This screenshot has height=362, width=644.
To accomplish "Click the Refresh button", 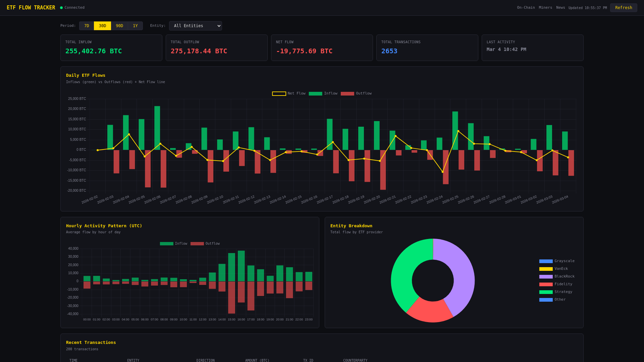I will pyautogui.click(x=624, y=8).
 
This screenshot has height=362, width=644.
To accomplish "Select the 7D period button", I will pyautogui.click(x=87, y=26).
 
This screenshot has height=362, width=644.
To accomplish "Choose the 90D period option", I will pyautogui.click(x=119, y=26).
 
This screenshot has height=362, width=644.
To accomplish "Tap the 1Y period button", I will pyautogui.click(x=135, y=26).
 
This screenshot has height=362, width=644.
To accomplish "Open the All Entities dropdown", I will pyautogui.click(x=195, y=26).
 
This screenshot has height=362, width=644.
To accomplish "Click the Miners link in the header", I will pyautogui.click(x=545, y=8).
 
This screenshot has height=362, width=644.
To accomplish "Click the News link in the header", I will pyautogui.click(x=560, y=8).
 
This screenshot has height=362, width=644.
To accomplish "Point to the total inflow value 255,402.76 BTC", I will pyautogui.click(x=94, y=51).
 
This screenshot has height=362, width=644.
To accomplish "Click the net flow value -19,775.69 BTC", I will pyautogui.click(x=304, y=51).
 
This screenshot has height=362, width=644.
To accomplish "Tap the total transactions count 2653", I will pyautogui.click(x=389, y=51).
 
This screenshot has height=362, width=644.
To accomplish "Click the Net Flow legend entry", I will pyautogui.click(x=288, y=94).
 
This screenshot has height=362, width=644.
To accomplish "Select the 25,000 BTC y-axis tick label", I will pyautogui.click(x=77, y=99).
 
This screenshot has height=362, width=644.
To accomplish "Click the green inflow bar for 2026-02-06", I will pyautogui.click(x=157, y=128).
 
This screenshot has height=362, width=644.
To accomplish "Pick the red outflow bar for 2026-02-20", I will pyautogui.click(x=383, y=170).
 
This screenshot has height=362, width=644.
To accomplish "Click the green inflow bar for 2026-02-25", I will pyautogui.click(x=455, y=130).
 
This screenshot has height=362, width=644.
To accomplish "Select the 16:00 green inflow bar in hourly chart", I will pyautogui.click(x=241, y=266).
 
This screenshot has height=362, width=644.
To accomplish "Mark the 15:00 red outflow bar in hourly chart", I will pyautogui.click(x=231, y=297).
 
